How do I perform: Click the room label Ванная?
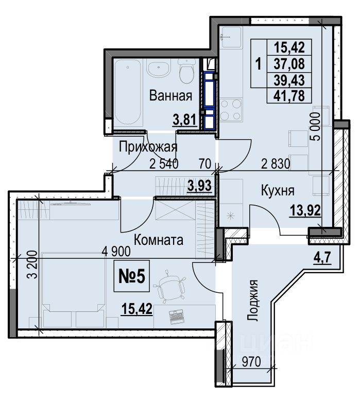[170, 96]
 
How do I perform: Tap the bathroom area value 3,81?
[185, 120]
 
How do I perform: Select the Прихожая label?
[148, 147]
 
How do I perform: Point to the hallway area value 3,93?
[199, 186]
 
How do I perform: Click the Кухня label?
[278, 190]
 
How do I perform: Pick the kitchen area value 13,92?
[305, 211]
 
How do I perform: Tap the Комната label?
[159, 240]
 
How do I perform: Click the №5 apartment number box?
[132, 276]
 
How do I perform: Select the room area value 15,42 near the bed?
[137, 309]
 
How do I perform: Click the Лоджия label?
[252, 301]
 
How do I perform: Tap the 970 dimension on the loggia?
[251, 362]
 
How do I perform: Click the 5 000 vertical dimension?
[316, 126]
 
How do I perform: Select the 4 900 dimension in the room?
[116, 251]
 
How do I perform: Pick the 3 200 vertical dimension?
[33, 264]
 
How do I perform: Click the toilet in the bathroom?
[187, 71]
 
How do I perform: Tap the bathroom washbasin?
[159, 68]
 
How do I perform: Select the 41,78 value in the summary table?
[289, 96]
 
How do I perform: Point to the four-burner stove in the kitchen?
[230, 110]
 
